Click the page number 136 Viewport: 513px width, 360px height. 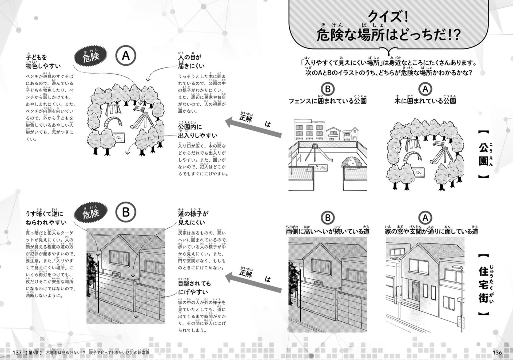tap(497, 353)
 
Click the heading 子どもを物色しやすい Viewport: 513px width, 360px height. tap(43, 61)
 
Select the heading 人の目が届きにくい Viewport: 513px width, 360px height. tap(191, 61)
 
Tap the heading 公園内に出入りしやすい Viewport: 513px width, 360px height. tap(198, 131)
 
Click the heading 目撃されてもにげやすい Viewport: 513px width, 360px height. tap(194, 287)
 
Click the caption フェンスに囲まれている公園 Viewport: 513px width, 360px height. tap(328, 101)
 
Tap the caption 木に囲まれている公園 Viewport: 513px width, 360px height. tap(425, 101)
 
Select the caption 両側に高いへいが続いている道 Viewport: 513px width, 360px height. tap(328, 231)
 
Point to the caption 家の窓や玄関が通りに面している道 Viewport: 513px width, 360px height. tap(431, 231)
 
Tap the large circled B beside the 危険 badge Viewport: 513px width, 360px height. tap(126, 212)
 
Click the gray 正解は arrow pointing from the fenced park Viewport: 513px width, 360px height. tap(253, 127)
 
